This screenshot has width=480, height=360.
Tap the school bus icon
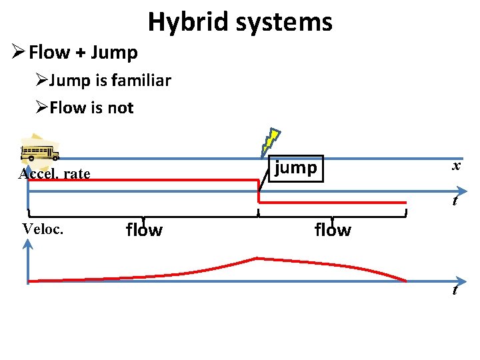tap(40, 153)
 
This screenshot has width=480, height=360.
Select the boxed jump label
tap(296, 167)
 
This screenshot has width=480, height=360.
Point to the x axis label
tap(456, 166)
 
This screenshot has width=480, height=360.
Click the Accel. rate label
tap(54, 174)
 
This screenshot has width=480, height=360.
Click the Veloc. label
tap(43, 229)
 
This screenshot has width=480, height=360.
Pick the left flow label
tap(144, 230)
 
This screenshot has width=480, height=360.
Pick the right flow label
tap(332, 230)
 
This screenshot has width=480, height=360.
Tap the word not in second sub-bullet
tap(121, 107)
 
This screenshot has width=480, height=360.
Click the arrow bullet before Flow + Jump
tap(18, 51)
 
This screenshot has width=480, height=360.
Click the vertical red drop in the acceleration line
tap(259, 191)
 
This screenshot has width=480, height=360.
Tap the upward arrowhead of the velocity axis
tap(27, 246)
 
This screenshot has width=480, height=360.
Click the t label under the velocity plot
tap(455, 290)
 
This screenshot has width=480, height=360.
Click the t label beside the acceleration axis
tap(455, 200)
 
